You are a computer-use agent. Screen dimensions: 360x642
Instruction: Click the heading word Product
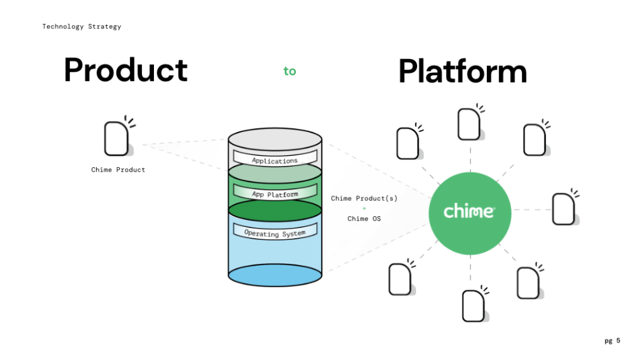tap(126, 70)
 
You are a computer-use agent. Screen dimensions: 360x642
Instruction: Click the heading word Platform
tap(462, 72)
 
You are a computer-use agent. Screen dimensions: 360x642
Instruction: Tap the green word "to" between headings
tap(290, 71)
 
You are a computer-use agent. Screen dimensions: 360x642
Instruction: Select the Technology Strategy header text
tap(82, 26)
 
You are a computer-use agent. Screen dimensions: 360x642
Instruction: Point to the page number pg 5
tap(612, 341)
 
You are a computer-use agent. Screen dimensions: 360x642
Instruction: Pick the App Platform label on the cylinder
tap(275, 195)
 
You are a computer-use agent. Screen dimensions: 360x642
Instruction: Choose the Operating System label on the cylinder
tap(275, 233)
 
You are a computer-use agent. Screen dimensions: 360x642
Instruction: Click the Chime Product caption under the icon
tap(118, 170)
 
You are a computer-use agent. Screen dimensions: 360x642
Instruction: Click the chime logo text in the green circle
tap(469, 211)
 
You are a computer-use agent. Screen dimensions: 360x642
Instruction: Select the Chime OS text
tap(364, 219)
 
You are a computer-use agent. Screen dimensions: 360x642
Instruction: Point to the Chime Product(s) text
tap(364, 199)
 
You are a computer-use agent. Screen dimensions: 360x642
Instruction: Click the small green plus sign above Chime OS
tap(364, 209)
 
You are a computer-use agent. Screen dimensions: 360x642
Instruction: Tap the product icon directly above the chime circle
tap(469, 124)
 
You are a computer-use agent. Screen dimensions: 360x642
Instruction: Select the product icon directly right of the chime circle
tap(563, 209)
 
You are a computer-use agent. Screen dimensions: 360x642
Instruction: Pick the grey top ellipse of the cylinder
tap(275, 139)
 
